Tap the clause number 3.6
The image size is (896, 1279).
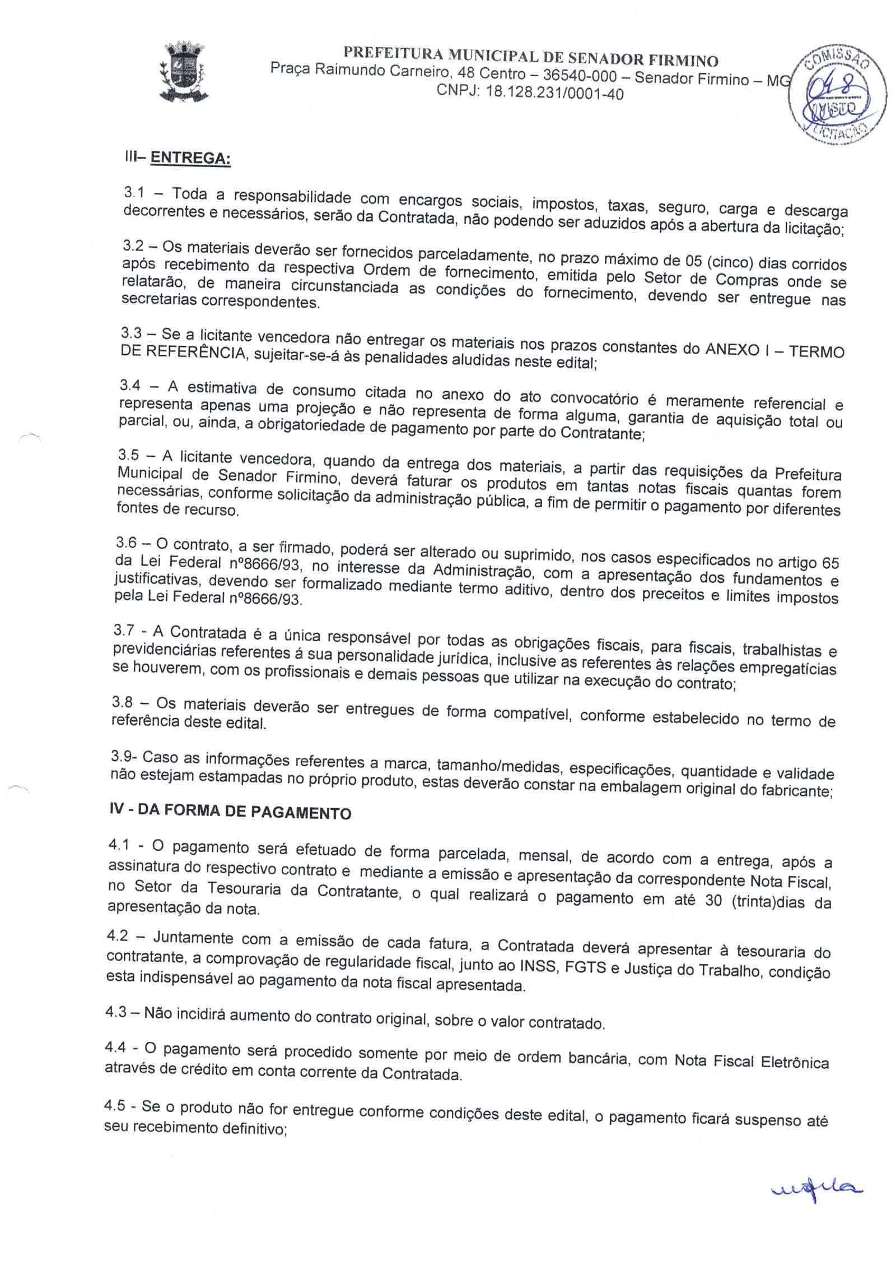(126, 542)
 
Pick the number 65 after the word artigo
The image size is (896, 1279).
(828, 562)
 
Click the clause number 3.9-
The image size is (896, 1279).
(122, 756)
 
